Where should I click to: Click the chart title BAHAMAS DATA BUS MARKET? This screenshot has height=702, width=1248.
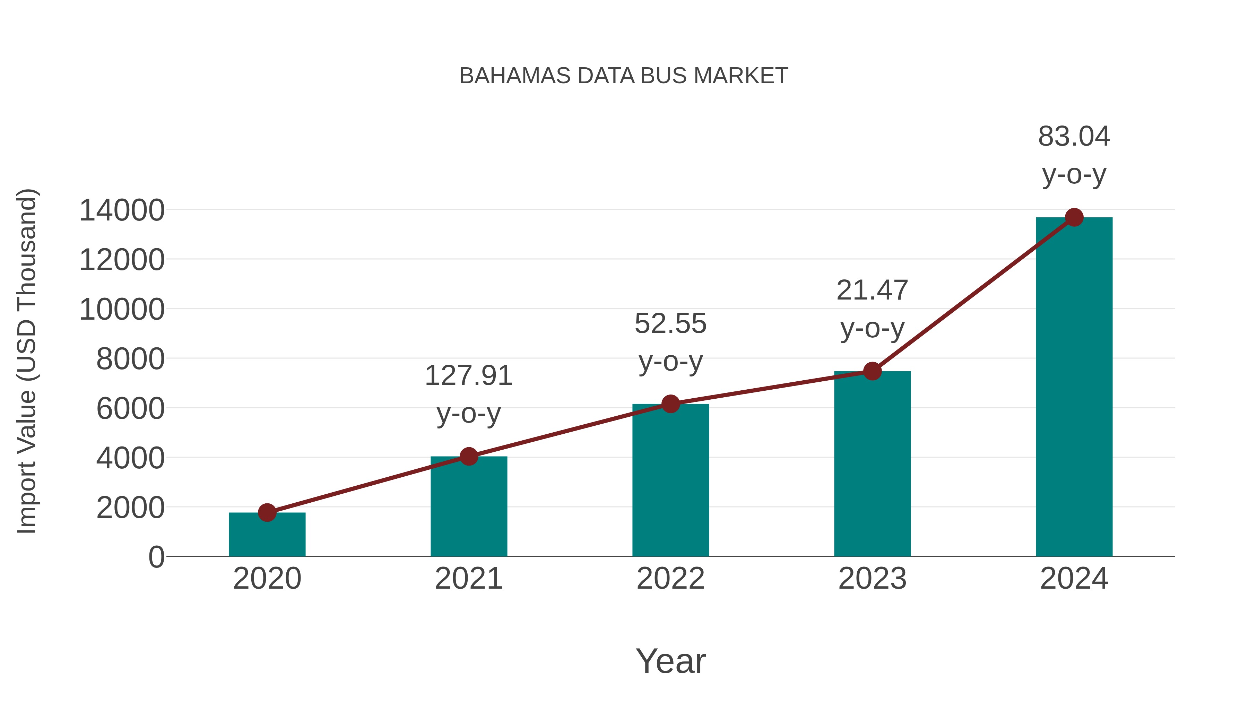click(x=624, y=76)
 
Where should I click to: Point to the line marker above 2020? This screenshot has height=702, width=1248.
click(x=267, y=513)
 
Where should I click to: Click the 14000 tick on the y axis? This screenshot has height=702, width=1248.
click(x=122, y=211)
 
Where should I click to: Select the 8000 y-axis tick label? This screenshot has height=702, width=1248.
click(x=130, y=359)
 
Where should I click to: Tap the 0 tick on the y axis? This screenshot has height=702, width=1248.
click(x=156, y=557)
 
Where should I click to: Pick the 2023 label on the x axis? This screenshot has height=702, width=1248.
click(x=872, y=579)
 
